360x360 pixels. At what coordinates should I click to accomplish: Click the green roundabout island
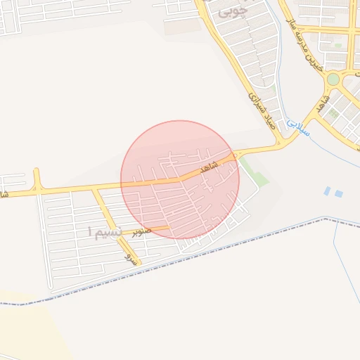point(333,79)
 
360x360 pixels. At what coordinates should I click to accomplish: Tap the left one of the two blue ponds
point(328,190)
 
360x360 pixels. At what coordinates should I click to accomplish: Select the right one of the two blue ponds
point(339,193)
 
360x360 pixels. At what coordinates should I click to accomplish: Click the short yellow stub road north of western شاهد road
point(36,178)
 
